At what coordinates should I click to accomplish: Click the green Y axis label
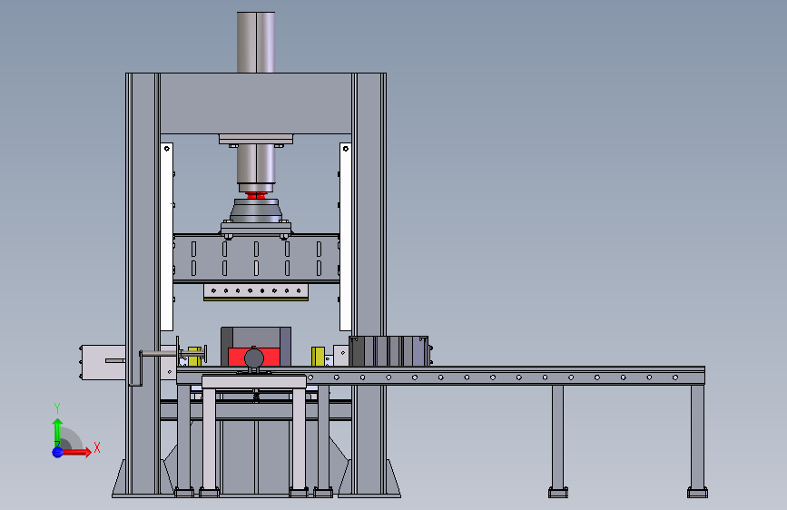pos(57,408)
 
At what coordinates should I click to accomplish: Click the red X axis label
pos(97,447)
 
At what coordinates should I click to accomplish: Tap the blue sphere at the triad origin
pos(58,452)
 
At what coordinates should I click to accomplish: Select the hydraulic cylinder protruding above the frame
pos(256,42)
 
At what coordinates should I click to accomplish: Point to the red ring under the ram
pos(256,196)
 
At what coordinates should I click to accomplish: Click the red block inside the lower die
pos(254,357)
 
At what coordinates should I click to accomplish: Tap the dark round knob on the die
pos(254,358)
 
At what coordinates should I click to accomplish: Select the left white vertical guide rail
pos(167,237)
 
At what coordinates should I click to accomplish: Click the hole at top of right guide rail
pos(345,149)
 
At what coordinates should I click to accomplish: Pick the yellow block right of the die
pos(318,357)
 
